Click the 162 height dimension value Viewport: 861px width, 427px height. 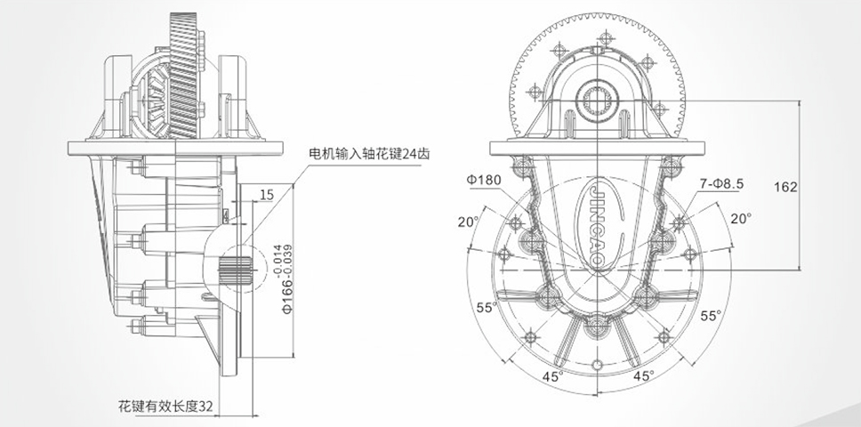coord(785,187)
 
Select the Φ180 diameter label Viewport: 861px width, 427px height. coord(484,181)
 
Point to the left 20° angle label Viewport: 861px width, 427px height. coord(469,222)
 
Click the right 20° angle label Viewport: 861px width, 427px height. coord(741,217)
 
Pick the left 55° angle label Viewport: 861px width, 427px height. coord(486,308)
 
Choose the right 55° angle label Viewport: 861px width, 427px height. coord(710,315)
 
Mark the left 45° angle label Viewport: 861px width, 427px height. coord(553,375)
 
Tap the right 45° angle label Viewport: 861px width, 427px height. coord(644,375)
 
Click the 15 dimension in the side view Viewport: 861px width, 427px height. coord(267,194)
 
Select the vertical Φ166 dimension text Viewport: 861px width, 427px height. coord(286,294)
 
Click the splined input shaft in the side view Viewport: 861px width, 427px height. coord(236,270)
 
